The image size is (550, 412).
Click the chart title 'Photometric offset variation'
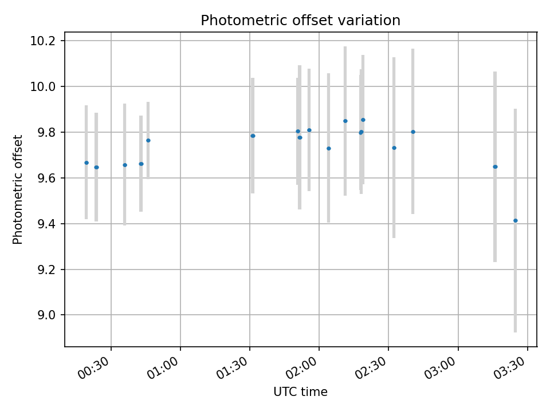click(x=300, y=21)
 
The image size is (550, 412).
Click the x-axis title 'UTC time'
click(x=300, y=391)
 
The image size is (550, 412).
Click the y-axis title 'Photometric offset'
click(x=18, y=189)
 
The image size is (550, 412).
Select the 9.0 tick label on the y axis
click(x=46, y=315)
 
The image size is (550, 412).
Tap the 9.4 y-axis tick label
click(x=46, y=224)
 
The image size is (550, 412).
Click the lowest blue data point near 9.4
click(x=515, y=221)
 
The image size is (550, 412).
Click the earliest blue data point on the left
click(x=87, y=163)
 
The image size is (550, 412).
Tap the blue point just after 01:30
click(x=253, y=136)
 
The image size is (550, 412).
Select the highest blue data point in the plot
click(x=363, y=120)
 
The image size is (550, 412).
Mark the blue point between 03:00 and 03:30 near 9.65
click(x=495, y=167)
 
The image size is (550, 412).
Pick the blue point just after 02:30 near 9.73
click(x=394, y=148)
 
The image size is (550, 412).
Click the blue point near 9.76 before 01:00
click(x=148, y=141)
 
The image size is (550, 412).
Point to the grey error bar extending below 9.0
click(x=515, y=221)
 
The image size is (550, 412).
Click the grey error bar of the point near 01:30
click(x=253, y=136)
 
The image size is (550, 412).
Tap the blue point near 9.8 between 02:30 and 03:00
click(x=413, y=132)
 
